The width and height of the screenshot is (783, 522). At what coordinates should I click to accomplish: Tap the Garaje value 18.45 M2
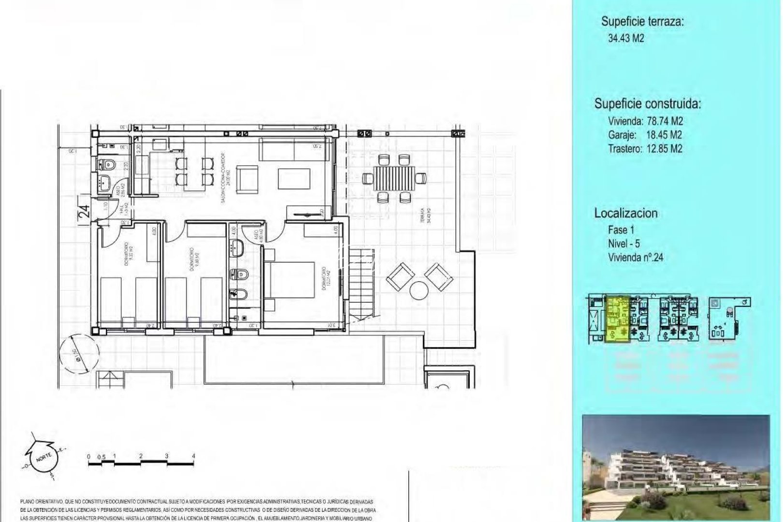pyautogui.click(x=664, y=135)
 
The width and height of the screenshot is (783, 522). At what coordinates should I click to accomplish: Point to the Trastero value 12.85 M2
pyautogui.click(x=664, y=149)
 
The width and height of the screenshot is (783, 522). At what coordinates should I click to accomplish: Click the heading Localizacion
pyautogui.click(x=625, y=213)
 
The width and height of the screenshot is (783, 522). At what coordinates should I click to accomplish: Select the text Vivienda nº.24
pyautogui.click(x=635, y=258)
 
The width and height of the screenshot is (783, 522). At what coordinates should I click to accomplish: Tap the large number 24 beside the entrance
pyautogui.click(x=84, y=211)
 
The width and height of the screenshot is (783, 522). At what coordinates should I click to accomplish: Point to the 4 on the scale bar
pyautogui.click(x=193, y=456)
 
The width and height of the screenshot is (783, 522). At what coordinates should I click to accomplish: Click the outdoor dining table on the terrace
pyautogui.click(x=394, y=177)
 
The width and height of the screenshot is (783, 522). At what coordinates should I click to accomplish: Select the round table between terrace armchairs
pyautogui.click(x=419, y=290)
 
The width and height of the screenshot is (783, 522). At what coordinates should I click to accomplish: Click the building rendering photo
pyautogui.click(x=676, y=467)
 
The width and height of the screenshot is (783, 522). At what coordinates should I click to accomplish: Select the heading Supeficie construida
pyautogui.click(x=647, y=104)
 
